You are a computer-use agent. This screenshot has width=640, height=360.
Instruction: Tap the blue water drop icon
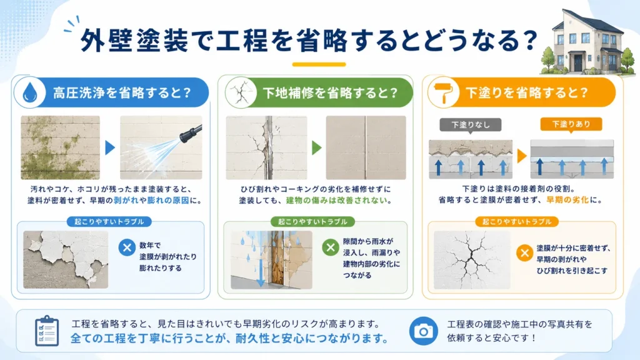pos(30,92)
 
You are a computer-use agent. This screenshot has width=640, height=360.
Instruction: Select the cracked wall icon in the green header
pos(241,92)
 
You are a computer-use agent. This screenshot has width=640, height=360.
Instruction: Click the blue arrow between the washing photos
pos(110,147)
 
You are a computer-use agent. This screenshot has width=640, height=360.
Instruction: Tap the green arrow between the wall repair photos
pos(317,147)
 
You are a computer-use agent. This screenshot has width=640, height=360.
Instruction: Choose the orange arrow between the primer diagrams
pos(522,156)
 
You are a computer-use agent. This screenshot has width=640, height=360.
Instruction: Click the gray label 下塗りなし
pos(470,125)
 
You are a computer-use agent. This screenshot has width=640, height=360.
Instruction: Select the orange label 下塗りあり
pos(571,124)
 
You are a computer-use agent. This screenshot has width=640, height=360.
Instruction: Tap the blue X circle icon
pos(127,247)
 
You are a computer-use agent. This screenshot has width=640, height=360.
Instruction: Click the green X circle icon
pos(331,247)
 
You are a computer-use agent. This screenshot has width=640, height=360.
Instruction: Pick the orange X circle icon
pos(524,253)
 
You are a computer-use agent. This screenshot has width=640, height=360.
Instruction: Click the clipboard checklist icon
pos(46,331)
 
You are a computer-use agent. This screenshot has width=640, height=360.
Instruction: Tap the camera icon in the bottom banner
pos(424,331)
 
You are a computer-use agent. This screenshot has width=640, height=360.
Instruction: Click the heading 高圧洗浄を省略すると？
pos(122,92)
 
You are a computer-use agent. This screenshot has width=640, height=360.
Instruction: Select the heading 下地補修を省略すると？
pos(330,93)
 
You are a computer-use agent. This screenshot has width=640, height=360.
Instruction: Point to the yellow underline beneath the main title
pos(319,64)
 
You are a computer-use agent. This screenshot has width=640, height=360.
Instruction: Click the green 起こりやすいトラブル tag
pos(312,222)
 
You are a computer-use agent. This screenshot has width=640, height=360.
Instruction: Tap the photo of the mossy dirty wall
pos(61,147)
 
